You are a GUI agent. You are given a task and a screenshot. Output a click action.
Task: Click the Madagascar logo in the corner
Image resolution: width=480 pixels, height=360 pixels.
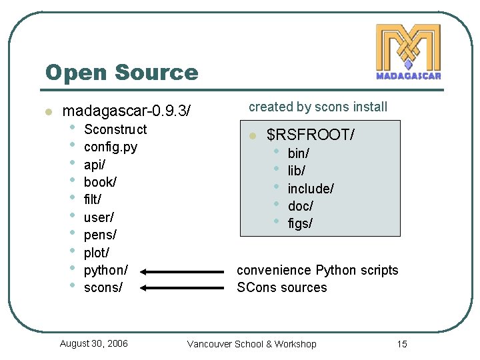408,52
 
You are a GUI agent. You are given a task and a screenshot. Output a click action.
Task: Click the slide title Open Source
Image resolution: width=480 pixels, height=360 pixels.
121,72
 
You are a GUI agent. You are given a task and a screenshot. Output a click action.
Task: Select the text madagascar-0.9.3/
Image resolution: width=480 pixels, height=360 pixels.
126,111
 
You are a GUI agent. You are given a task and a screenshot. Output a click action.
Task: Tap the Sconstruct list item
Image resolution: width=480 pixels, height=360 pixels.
115,129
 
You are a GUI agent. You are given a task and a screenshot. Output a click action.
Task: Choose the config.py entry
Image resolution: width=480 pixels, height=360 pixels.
110,147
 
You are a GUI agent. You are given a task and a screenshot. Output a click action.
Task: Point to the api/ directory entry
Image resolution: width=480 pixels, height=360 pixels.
95,164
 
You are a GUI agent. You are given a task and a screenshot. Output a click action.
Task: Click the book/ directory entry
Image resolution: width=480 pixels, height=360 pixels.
100,181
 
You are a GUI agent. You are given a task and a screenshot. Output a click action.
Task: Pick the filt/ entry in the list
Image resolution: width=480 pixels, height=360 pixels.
93,199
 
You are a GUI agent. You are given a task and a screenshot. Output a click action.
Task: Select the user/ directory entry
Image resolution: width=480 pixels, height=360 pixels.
99,217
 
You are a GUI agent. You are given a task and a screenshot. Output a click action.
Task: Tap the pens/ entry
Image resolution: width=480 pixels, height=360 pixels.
100,235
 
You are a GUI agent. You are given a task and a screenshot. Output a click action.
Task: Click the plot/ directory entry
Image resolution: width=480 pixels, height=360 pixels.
97,253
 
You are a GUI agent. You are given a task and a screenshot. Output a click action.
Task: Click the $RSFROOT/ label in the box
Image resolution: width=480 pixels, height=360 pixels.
310,135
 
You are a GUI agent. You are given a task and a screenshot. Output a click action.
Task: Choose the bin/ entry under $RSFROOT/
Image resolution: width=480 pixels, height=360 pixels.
298,153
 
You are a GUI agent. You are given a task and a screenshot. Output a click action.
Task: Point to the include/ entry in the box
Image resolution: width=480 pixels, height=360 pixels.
310,189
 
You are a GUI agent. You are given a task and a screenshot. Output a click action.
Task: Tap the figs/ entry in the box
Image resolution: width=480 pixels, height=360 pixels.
300,223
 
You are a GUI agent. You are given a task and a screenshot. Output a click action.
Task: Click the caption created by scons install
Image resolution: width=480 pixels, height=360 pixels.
317,107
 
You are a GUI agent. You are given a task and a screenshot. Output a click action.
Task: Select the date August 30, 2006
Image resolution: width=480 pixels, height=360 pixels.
93,343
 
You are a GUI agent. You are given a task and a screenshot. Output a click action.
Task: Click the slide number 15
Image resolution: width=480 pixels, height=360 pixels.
401,344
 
